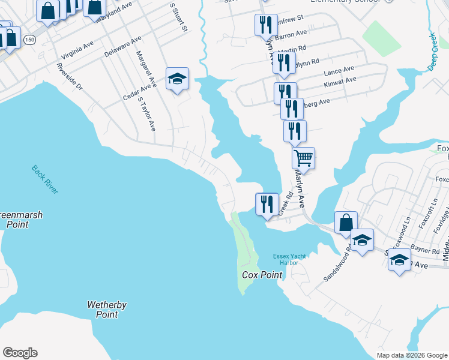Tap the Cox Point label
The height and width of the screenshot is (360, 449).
[262, 275]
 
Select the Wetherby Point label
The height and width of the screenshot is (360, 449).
[107, 310]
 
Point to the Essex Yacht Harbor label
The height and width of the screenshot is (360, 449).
[289, 259]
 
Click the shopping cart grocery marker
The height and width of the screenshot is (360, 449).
[304, 158]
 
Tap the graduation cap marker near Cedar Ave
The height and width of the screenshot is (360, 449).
[177, 79]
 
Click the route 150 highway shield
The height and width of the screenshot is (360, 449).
[29, 40]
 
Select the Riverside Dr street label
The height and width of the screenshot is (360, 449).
[70, 76]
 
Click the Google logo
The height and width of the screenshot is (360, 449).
[20, 353]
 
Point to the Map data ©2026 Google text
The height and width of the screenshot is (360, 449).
[411, 355]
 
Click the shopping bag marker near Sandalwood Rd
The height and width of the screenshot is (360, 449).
[346, 222]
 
